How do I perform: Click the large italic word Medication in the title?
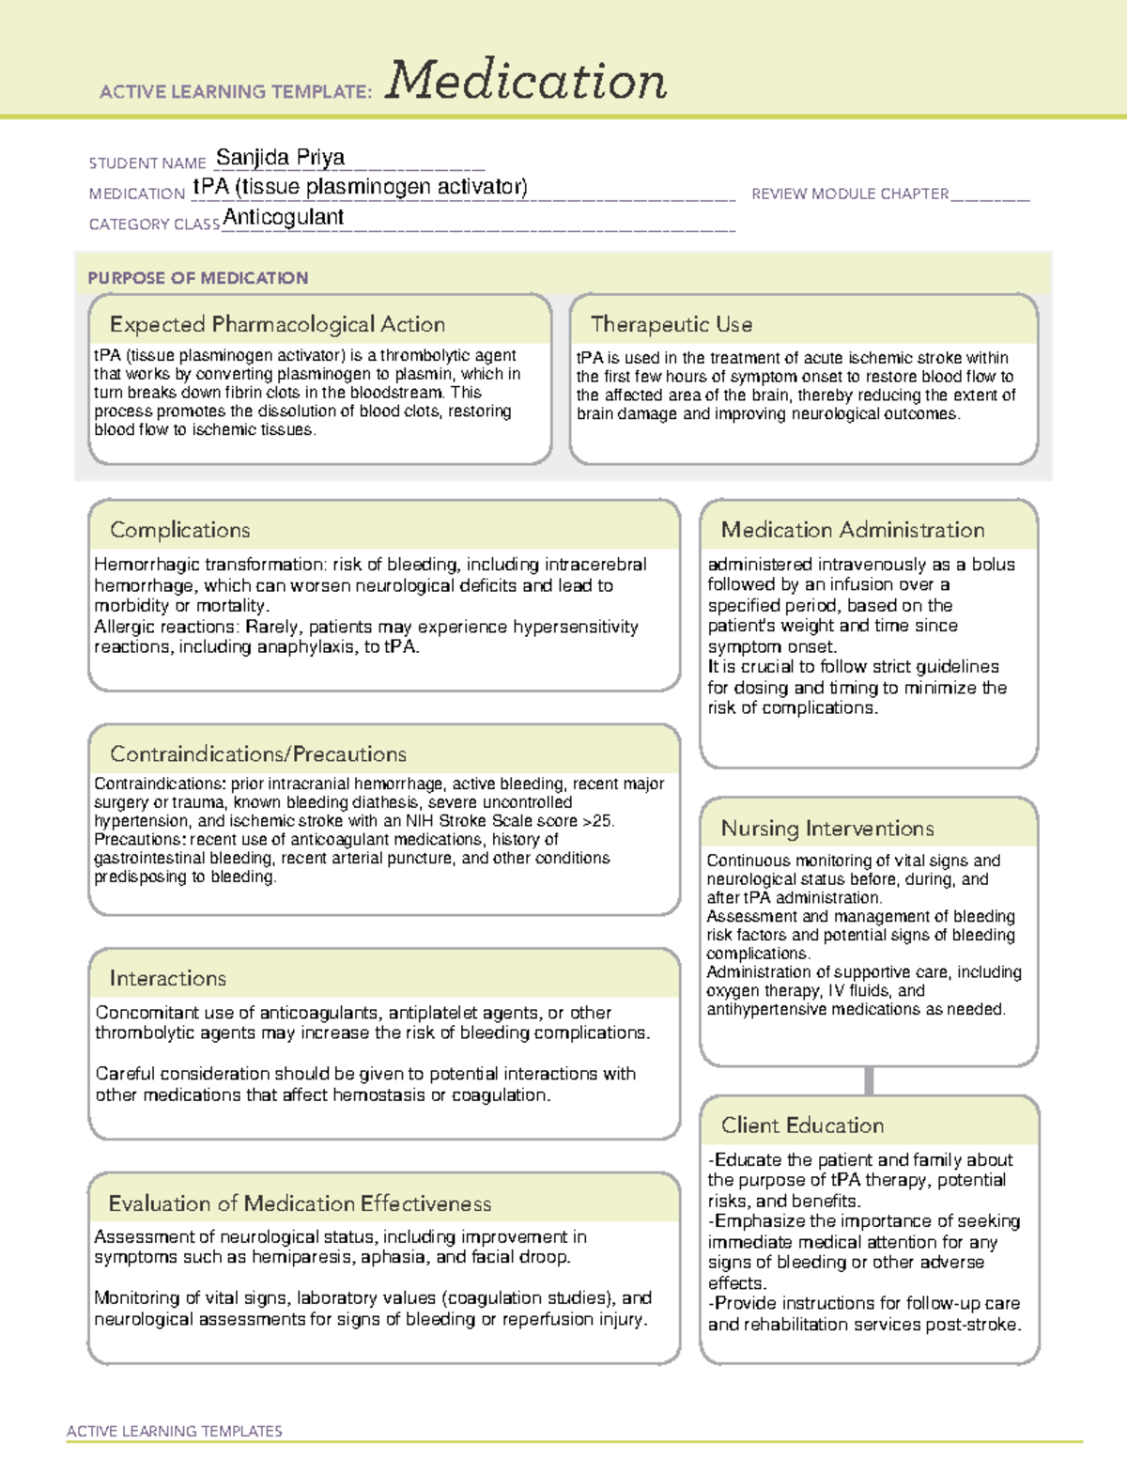click(x=526, y=81)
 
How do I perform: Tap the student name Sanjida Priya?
click(x=280, y=157)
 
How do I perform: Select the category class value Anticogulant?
click(x=283, y=217)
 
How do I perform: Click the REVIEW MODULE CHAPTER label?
click(x=850, y=194)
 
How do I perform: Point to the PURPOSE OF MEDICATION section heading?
click(x=197, y=278)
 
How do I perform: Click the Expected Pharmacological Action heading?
click(x=277, y=324)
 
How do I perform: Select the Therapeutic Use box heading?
click(x=672, y=324)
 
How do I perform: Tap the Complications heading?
click(x=179, y=530)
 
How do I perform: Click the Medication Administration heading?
click(x=853, y=530)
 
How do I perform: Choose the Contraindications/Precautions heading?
click(x=258, y=753)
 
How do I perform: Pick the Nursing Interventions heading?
click(x=827, y=829)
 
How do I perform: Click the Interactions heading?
click(x=167, y=978)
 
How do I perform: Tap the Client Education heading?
click(x=802, y=1125)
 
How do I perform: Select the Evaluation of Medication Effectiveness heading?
click(x=300, y=1203)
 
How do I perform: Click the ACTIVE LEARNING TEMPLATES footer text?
click(x=174, y=1431)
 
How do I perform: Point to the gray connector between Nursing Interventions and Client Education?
click(x=869, y=1080)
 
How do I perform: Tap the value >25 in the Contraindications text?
click(x=597, y=821)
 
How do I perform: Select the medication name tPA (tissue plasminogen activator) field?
click(x=360, y=187)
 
